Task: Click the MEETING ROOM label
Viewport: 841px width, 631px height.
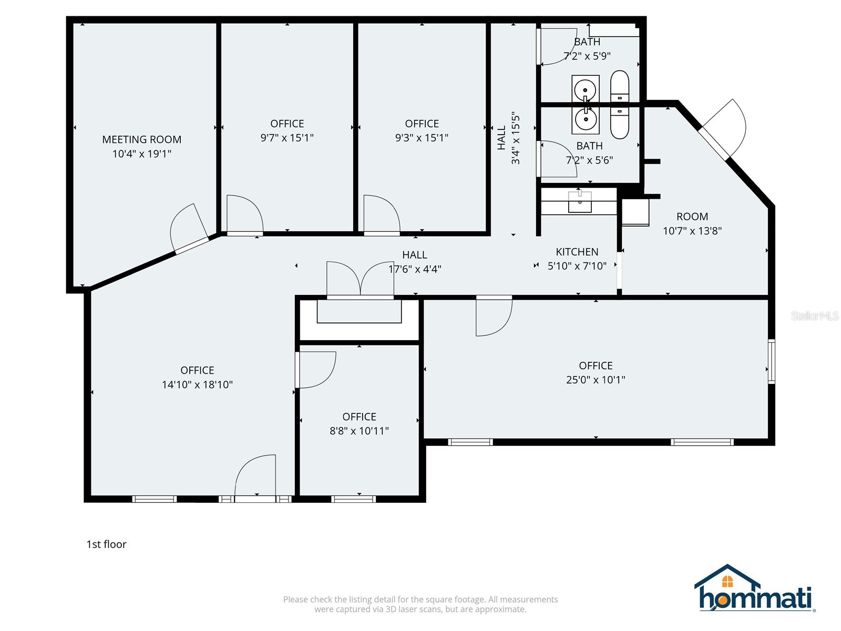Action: pos(141,139)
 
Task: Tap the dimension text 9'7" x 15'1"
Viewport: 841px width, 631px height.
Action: pos(287,138)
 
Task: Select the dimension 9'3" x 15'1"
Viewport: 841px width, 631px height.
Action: pos(422,138)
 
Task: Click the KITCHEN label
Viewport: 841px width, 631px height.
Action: pos(577,252)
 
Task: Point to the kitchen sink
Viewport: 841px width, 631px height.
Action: pos(579,201)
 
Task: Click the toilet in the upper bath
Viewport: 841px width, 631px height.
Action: pos(620,87)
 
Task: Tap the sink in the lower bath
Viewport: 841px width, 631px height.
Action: pos(585,118)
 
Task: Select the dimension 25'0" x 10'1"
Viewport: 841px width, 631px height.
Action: pos(596,380)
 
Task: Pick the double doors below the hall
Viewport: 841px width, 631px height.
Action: pos(361,280)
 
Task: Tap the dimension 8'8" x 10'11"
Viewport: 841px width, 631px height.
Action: pos(359,431)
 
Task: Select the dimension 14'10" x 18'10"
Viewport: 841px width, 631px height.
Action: pos(197,384)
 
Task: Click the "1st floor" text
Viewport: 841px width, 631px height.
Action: pos(106,544)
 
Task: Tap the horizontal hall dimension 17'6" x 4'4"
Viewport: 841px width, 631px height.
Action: pos(415,269)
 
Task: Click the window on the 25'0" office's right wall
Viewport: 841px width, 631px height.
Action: pos(771,361)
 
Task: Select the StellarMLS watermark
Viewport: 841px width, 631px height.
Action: pos(814,315)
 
